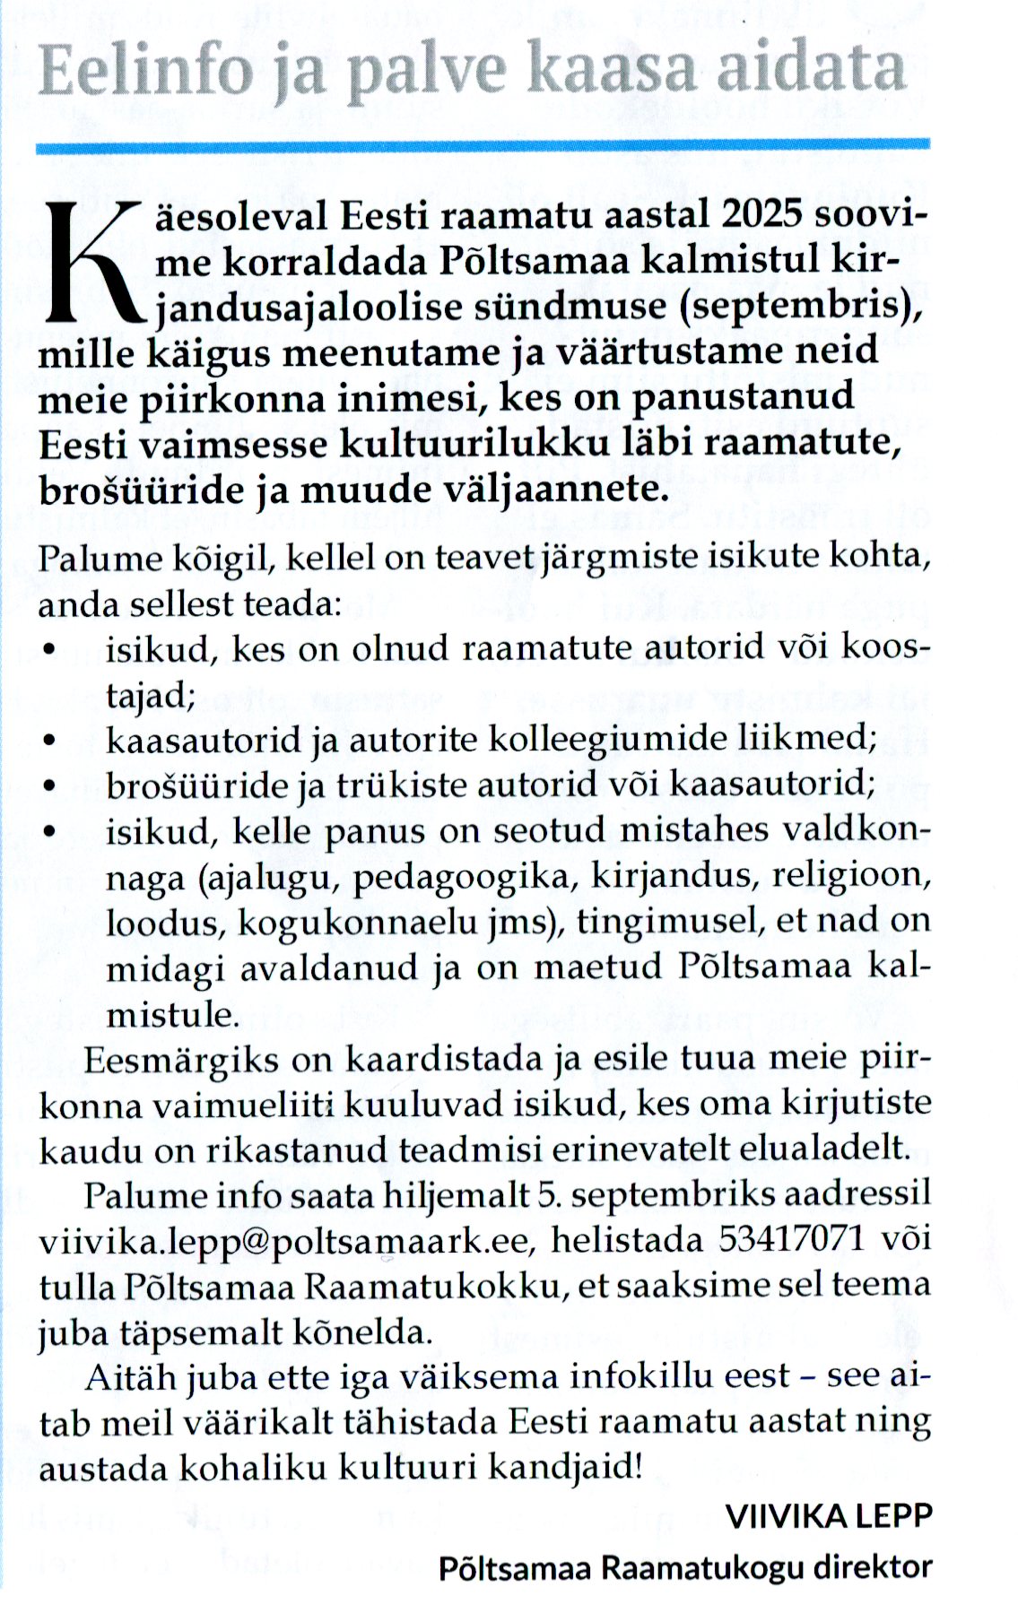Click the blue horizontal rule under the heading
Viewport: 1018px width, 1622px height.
point(483,144)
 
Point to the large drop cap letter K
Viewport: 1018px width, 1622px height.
point(88,265)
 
